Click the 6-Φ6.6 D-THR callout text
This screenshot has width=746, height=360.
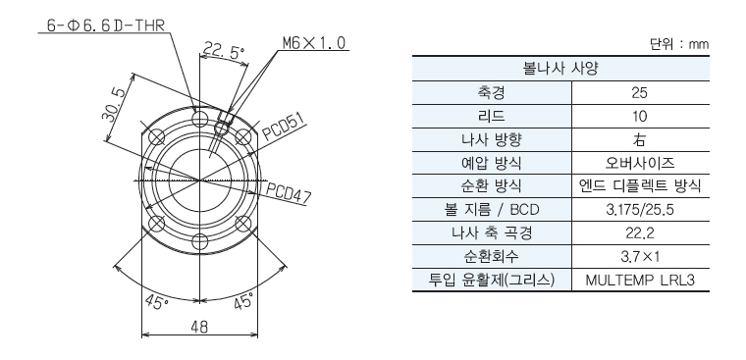[106, 26]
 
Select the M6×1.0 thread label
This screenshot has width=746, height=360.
[314, 43]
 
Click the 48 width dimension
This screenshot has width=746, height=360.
[200, 328]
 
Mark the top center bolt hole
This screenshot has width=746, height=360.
[200, 118]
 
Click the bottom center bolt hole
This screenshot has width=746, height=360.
[200, 240]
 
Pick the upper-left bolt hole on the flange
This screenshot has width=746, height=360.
[156, 137]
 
